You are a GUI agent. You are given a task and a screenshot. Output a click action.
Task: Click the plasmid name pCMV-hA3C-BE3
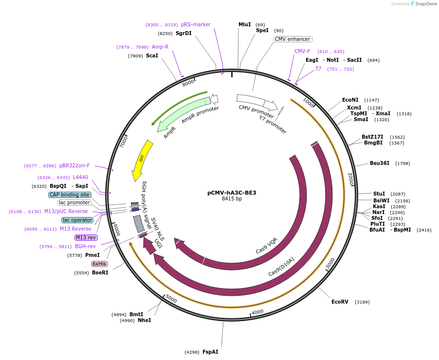232,193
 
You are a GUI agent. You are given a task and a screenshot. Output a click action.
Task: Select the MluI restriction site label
244,24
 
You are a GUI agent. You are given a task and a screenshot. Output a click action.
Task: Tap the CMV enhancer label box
293,39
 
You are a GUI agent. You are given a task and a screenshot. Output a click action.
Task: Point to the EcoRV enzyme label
340,302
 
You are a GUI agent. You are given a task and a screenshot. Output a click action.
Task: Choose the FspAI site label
210,352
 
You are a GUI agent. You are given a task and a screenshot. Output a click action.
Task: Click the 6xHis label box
99,264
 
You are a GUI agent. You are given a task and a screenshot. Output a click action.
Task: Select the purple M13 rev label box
86,237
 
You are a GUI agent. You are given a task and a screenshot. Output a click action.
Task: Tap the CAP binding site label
70,195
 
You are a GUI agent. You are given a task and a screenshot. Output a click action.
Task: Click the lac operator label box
77,220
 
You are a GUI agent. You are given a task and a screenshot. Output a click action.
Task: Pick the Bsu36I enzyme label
380,163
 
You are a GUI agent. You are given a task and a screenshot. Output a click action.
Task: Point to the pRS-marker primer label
196,24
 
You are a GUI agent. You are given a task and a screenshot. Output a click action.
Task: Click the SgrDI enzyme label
183,33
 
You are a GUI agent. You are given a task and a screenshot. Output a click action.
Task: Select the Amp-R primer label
160,47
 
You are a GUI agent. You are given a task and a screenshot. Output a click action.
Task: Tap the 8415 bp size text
232,199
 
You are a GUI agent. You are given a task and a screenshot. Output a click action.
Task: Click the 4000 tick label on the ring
257,311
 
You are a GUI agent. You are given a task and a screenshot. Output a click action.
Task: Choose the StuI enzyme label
379,194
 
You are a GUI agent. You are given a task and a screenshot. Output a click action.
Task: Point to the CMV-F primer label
302,51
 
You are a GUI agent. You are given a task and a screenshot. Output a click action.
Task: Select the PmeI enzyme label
92,255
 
